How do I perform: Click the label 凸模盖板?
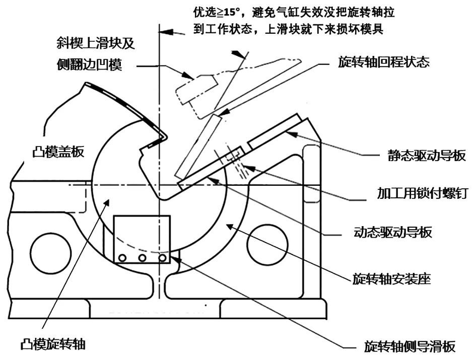click(58, 152)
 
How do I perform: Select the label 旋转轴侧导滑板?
click(410, 346)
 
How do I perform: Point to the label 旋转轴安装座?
click(391, 278)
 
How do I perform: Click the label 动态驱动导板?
click(393, 233)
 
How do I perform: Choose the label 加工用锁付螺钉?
click(423, 193)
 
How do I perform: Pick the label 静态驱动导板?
click(427, 156)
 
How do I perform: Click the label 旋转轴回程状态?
click(384, 62)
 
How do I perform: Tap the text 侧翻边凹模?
click(89, 64)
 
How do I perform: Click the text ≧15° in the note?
click(228, 13)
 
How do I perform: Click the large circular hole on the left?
click(51, 253)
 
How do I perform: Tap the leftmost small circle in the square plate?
click(122, 258)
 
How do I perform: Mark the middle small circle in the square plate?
click(142, 258)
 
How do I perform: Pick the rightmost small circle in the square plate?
click(162, 258)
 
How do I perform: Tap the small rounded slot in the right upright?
click(311, 174)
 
